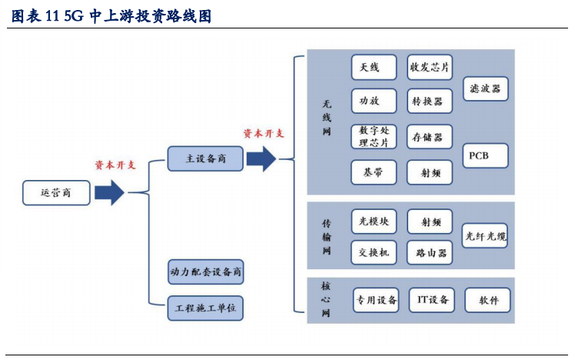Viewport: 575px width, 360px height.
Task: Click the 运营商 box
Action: point(56,192)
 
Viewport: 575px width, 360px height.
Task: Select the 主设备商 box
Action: point(205,158)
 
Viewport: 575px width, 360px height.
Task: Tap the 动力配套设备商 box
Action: point(205,272)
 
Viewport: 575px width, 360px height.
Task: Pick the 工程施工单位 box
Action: point(205,308)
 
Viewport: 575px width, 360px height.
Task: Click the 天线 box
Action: point(374,68)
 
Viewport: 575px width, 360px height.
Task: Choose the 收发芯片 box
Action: point(430,68)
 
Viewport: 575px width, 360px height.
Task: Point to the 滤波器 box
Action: point(485,89)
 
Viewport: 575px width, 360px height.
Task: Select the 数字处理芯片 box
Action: point(374,137)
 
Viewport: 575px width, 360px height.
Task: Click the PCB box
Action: point(485,156)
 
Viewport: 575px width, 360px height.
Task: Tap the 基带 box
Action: point(374,173)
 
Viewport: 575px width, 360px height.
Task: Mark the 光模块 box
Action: point(374,222)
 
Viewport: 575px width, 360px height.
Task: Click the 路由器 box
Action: point(430,252)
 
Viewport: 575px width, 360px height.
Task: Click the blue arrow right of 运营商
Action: point(110,192)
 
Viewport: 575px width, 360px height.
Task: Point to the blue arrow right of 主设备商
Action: point(261,158)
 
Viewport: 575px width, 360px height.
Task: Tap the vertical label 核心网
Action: point(326,299)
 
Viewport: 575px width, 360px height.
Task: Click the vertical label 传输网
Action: point(326,237)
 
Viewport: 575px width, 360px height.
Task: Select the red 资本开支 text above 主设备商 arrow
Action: point(264,133)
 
